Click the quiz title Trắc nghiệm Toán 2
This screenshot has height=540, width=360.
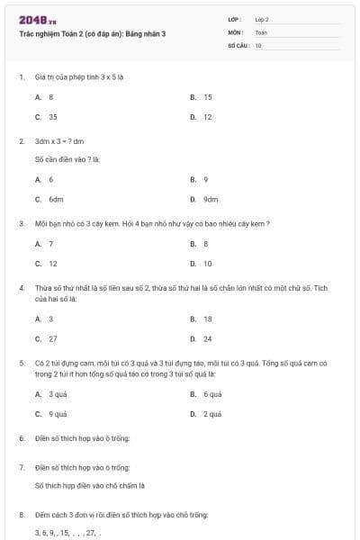tap(92, 33)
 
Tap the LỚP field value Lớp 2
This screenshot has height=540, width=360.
tap(262, 18)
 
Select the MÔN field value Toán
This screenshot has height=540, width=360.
tap(261, 31)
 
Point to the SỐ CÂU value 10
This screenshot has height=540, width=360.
tap(258, 44)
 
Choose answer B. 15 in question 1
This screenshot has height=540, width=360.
tap(202, 96)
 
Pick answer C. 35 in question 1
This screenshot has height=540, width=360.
tap(46, 116)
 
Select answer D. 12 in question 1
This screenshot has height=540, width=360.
tap(202, 116)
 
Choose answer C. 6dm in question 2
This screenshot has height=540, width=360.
tap(49, 199)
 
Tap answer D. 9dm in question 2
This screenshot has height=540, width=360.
tap(204, 199)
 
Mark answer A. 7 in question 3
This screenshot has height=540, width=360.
tap(44, 243)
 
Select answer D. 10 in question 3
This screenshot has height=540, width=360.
tap(202, 264)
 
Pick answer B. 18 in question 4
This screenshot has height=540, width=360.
tap(202, 319)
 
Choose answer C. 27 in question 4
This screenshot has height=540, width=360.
tap(46, 338)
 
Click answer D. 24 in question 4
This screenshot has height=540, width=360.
tap(202, 338)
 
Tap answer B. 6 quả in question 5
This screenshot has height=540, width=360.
tap(206, 394)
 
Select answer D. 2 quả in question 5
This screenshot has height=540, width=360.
tap(206, 414)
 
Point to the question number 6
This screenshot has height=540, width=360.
tap(22, 438)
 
